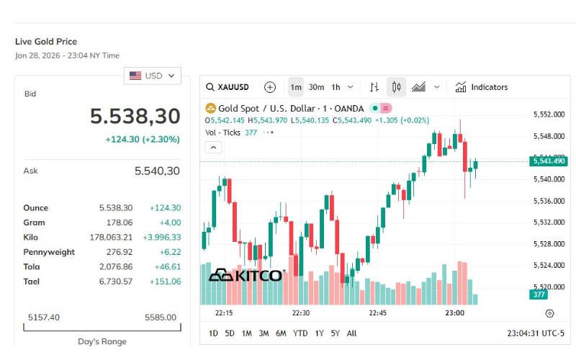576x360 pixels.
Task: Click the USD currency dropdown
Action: coord(152,76)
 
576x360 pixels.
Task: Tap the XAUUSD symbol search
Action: coord(228,87)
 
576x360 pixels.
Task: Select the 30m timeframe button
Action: coord(316,87)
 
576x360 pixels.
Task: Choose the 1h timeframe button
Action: coord(336,87)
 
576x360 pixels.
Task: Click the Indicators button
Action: coord(482,87)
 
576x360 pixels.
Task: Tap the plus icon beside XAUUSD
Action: coord(270,87)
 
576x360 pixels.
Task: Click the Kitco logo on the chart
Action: coord(247,275)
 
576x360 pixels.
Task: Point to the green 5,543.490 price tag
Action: coord(549,161)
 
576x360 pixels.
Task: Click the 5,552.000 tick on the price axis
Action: coord(549,114)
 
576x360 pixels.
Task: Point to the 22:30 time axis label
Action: coord(301,313)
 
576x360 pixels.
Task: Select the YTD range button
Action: coord(300,333)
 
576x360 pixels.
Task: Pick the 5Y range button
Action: coord(335,333)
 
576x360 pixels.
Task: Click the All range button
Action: coord(351,333)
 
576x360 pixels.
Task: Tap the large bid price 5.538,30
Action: coord(135,116)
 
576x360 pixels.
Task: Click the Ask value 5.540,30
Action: coord(157,171)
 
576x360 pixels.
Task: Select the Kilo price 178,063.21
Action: coord(111,238)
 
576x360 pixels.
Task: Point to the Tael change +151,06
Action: coord(166,282)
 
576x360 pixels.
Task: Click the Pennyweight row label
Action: coord(49,252)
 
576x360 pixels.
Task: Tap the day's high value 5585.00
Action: coord(161,317)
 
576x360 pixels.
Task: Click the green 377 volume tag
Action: coord(539,294)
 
